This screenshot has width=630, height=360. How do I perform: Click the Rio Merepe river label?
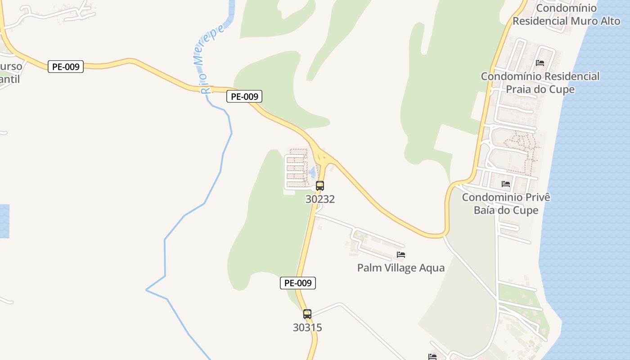211,58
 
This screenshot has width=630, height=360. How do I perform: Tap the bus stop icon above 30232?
320,185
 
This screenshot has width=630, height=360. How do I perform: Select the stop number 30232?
320,199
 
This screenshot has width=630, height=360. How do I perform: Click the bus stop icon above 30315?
307,314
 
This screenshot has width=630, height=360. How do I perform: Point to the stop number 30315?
307,328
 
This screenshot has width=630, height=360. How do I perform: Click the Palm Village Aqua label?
400,268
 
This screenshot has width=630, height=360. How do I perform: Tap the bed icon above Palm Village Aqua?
401,255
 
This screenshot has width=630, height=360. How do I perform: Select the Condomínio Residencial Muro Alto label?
566,14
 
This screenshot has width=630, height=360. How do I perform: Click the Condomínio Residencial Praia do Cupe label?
540,83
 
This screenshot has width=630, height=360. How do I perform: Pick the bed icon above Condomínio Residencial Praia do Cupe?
540,63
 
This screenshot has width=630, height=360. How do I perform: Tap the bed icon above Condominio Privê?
506,184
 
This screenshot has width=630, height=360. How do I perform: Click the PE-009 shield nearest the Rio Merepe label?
244,96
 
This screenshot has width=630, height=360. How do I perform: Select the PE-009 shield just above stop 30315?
298,283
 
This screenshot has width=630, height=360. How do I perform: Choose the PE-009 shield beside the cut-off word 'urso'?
66,67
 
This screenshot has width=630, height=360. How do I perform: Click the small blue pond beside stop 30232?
312,171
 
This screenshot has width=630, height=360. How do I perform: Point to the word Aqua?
432,268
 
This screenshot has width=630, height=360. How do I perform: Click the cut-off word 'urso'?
11,67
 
